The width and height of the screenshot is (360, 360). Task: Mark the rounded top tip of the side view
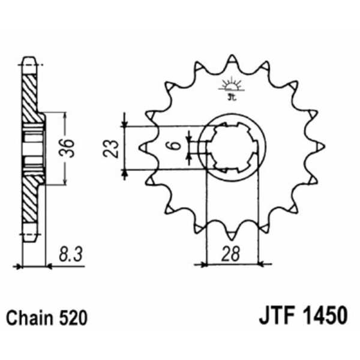tap(28, 59)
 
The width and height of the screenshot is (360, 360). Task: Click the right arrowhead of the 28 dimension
tap(262, 263)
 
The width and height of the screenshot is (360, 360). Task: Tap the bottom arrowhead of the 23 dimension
tap(124, 173)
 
